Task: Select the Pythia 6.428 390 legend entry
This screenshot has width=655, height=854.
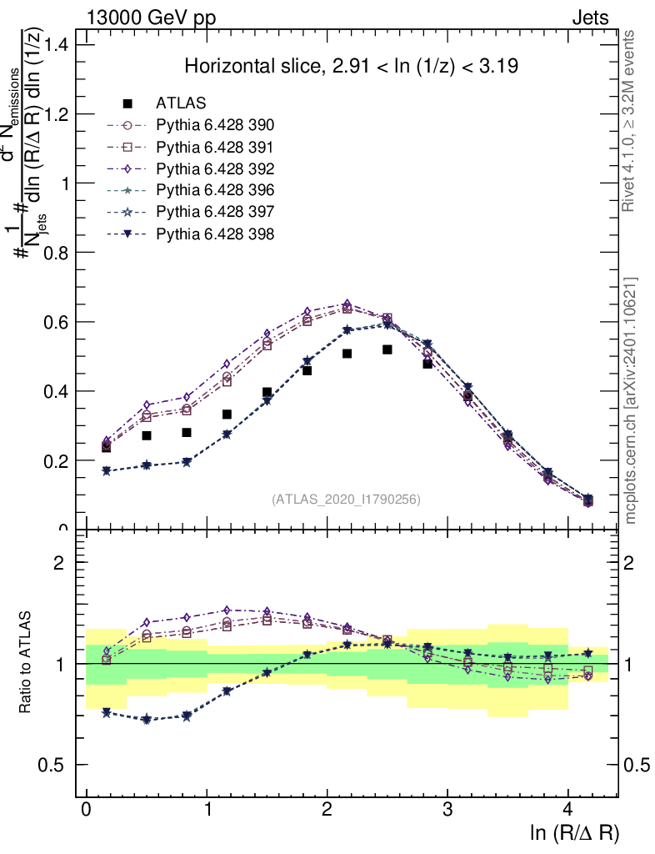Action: pos(215,126)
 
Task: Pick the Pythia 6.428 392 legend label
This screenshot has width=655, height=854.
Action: pos(215,169)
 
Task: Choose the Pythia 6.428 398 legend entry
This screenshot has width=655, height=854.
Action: pos(215,234)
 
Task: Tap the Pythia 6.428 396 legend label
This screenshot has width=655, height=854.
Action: pos(215,191)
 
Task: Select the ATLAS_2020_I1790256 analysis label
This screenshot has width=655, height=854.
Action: pos(346,500)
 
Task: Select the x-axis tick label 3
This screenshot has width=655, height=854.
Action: pos(447,810)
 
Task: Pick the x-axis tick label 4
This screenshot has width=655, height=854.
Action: pos(567,810)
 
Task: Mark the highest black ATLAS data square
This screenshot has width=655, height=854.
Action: pos(387,349)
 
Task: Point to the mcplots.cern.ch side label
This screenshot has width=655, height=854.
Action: pos(631,400)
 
